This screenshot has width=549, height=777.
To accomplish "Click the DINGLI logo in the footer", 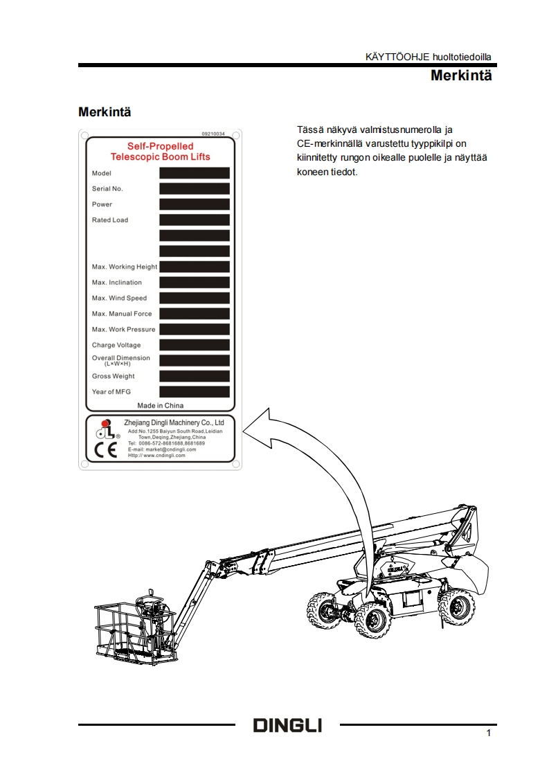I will coord(287,726).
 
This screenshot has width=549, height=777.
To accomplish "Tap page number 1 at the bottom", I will coord(489,733).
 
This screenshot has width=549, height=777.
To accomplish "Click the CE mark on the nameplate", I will coord(100,450).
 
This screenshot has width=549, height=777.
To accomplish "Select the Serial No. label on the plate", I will coord(107,188).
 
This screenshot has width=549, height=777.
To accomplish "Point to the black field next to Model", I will coord(194,173).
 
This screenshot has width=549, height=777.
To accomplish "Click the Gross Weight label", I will coord(114,376).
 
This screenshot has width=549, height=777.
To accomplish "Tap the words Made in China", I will coord(161,405).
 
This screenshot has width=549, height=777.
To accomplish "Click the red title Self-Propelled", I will coord(160,146).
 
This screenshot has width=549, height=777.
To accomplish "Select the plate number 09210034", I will coord(213,133).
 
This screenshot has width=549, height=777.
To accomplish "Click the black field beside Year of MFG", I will coord(194,392).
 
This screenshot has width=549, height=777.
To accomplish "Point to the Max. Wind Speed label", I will coord(119,298).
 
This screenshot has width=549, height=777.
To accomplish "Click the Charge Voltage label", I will coord(116,345).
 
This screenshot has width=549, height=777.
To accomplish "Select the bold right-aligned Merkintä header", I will coord(460,75).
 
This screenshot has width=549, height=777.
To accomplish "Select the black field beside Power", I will coord(194,204).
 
